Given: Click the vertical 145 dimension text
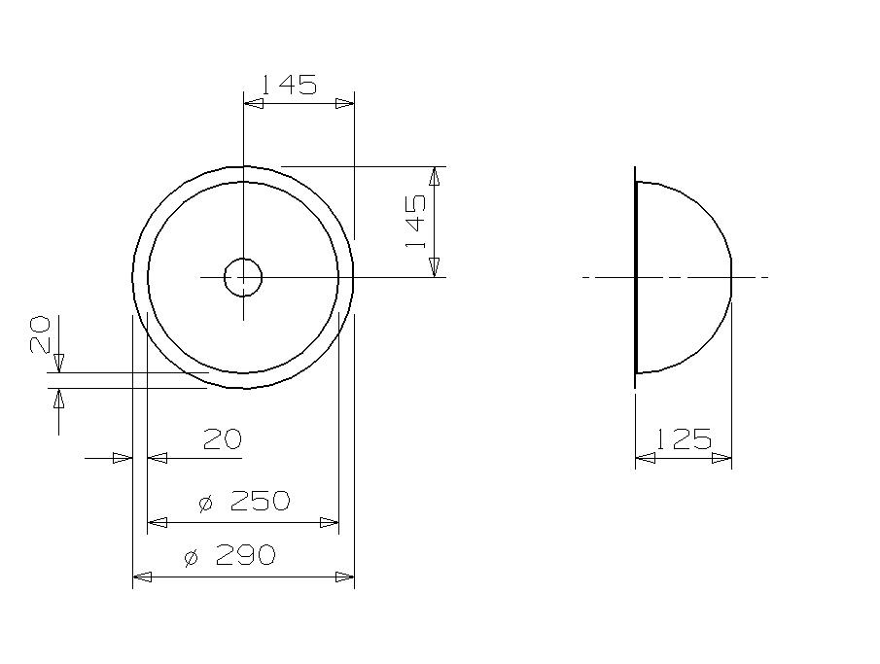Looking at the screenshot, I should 416,221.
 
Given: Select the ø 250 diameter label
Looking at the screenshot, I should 244,502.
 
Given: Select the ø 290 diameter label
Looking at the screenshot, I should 229,556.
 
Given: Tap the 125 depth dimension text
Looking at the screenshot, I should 683,439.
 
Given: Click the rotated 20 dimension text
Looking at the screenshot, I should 39,335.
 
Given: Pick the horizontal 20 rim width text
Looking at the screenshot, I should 222,440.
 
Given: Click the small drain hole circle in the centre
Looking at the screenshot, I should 243,277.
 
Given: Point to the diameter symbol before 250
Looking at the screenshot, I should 205,504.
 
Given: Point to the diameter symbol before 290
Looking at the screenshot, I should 191,558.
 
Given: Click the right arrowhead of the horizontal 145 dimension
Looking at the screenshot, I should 345,103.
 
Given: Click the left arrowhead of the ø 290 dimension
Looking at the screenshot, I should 142,577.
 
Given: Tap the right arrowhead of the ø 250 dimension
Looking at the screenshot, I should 330,523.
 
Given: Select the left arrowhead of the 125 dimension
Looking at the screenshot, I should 645,458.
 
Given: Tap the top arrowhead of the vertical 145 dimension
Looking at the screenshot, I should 434,175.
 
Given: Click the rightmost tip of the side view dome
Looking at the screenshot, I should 731,277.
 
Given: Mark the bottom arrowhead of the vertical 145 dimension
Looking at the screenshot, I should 434,267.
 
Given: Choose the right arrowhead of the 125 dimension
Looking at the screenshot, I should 722,458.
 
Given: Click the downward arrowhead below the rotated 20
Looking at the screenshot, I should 58,363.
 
